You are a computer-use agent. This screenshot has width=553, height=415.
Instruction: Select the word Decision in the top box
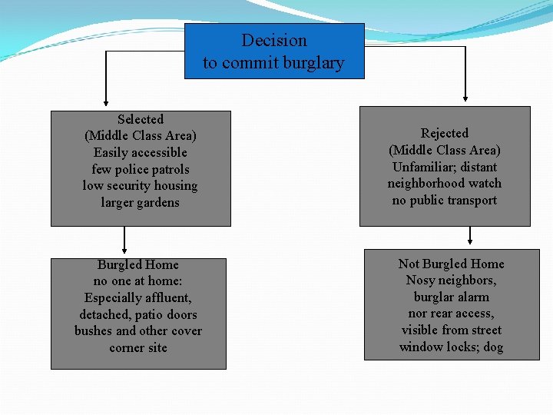point(274,41)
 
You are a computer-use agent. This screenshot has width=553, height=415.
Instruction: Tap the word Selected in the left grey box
point(141,120)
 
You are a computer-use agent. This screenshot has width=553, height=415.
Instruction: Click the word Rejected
point(445,134)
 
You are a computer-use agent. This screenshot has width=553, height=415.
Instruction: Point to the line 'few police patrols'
point(141,170)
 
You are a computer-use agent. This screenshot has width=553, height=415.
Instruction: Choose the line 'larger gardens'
point(141,203)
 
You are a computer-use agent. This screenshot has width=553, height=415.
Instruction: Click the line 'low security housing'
point(141,186)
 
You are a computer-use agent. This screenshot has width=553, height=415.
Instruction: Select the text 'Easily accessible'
point(141,153)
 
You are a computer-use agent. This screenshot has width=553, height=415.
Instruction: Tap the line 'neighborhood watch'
point(445,184)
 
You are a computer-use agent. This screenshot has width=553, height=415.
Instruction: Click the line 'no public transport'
point(445,201)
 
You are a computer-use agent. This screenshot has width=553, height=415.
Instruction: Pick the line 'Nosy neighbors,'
point(451,281)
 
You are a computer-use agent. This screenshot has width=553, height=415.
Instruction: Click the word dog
point(493,347)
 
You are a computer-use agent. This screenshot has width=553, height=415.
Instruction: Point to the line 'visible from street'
point(451,330)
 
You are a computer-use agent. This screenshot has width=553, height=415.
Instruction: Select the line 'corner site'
point(138,348)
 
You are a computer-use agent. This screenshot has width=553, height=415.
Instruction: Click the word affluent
point(167,298)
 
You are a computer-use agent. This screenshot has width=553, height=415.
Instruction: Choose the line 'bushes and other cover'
point(138,331)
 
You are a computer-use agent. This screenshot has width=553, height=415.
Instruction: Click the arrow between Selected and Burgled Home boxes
point(124,242)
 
